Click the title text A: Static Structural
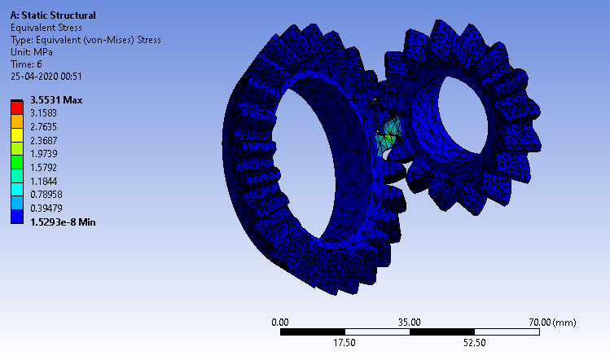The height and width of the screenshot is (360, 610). click(52, 15)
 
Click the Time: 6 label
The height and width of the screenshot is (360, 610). click(28, 64)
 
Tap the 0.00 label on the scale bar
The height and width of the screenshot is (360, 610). click(279, 322)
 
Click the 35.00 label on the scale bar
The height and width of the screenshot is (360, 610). click(409, 322)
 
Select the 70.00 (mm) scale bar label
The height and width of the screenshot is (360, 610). click(552, 322)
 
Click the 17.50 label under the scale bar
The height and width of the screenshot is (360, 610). click(344, 343)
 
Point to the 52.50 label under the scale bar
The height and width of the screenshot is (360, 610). click(474, 343)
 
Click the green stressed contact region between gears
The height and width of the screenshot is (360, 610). click(389, 134)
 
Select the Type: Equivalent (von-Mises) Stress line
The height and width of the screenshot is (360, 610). click(86, 39)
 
